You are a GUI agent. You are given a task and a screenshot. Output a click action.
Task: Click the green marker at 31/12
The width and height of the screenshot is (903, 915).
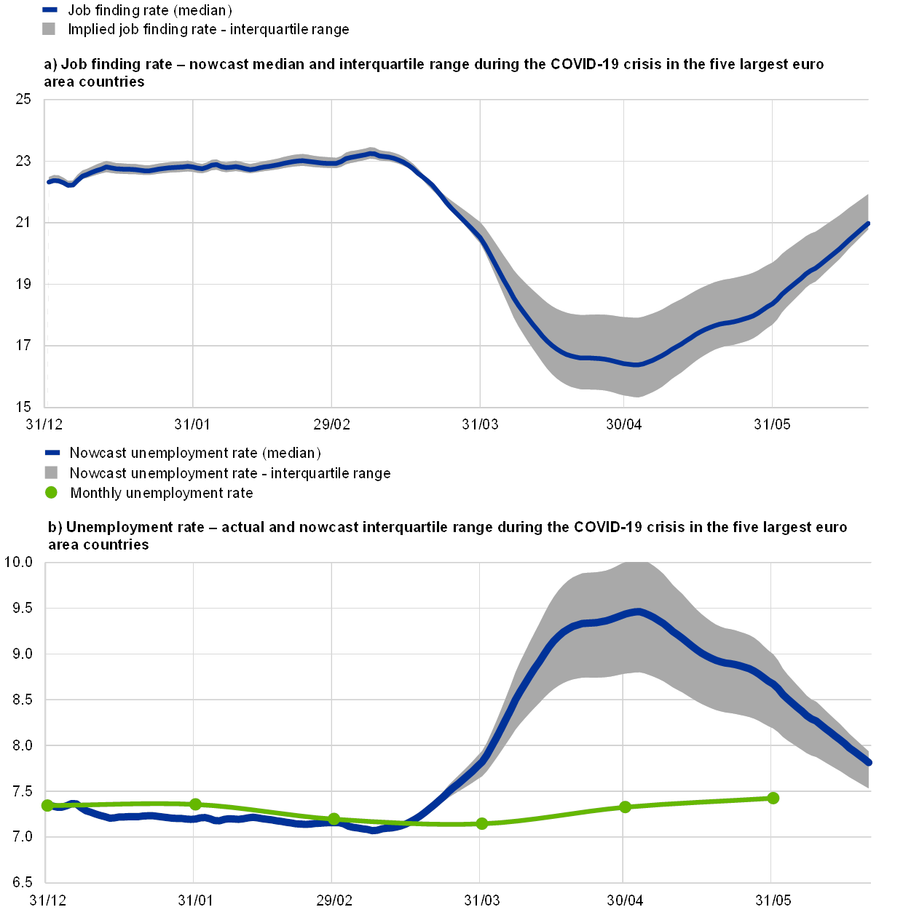pos(48,805)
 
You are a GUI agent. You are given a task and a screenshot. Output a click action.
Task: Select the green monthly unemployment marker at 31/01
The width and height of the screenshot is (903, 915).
pos(195,804)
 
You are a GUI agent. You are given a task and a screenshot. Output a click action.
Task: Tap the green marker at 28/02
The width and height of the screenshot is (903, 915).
pos(334,819)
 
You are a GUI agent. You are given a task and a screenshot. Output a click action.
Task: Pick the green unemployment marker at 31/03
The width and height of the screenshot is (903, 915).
pos(482,824)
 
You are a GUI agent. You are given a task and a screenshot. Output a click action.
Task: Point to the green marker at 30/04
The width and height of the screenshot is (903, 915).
pos(625,807)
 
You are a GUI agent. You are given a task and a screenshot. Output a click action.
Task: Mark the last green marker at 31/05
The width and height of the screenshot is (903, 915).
pos(773,798)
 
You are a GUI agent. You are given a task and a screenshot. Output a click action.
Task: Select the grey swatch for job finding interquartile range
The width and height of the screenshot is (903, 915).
pos(50,29)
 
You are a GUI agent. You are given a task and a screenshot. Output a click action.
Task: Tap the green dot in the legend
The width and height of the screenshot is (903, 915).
pos(51,493)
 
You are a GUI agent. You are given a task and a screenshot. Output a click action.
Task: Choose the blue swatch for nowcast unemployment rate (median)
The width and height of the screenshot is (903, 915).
pos(52,453)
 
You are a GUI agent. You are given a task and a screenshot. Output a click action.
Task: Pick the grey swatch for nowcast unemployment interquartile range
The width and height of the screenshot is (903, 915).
pos(51,473)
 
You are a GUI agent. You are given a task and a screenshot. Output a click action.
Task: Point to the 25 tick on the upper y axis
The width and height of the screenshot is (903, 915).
pos(23,100)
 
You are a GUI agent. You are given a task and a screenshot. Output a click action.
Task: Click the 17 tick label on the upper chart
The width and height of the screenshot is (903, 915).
pos(23,345)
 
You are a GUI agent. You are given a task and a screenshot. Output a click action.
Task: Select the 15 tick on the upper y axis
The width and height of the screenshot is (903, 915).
pos(23,406)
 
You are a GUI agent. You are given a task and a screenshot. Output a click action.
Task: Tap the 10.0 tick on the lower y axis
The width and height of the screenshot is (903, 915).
pos(19,562)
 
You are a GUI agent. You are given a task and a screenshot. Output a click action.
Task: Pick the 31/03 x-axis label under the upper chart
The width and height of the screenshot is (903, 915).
pos(481,424)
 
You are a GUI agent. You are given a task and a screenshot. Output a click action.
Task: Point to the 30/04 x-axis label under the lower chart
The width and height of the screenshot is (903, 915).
pos(625,901)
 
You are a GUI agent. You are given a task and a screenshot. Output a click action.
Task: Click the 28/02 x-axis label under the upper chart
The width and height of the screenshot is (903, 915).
pos(331,424)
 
